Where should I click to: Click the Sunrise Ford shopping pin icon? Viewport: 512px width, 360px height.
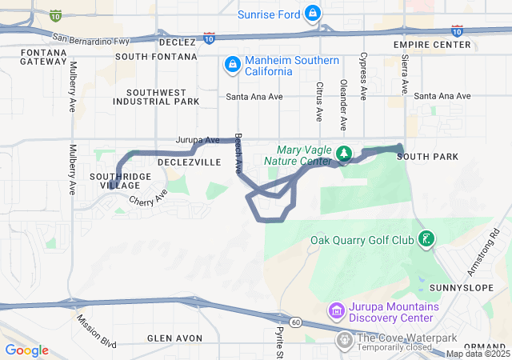[313, 14]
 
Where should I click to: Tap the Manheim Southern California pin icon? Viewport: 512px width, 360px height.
[232, 63]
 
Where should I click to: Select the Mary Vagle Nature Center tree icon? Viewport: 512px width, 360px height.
[344, 153]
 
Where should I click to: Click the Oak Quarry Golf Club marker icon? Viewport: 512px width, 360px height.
[426, 238]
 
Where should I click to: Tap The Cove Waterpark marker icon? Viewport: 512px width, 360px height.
[345, 341]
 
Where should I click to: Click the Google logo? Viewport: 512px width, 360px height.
[26, 350]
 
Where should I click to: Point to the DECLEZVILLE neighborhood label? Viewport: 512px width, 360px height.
[189, 162]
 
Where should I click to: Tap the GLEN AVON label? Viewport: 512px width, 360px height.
[173, 338]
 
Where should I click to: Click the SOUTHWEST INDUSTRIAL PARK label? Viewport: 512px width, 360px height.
[156, 97]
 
